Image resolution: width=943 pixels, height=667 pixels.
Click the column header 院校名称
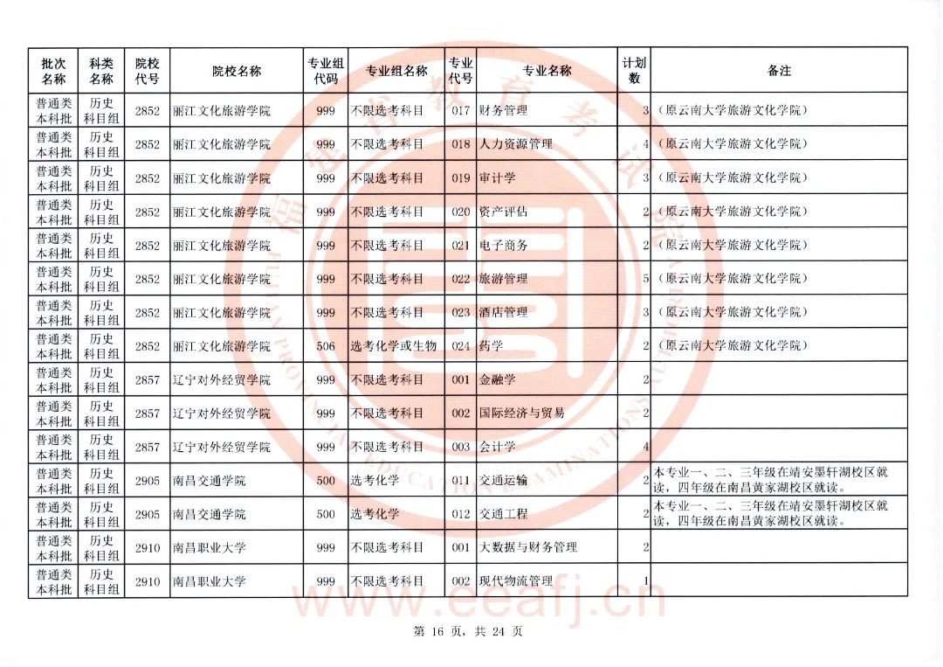click(x=237, y=71)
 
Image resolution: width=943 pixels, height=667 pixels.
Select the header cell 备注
click(x=779, y=71)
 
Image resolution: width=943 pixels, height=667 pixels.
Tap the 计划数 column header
click(x=635, y=71)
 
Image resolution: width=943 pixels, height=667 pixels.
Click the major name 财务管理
click(x=504, y=111)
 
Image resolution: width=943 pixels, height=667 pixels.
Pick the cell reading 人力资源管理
click(x=516, y=144)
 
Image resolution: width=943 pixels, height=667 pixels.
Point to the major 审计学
click(x=498, y=178)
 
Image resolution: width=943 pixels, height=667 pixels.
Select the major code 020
click(x=461, y=212)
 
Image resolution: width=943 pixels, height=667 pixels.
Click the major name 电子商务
click(x=504, y=246)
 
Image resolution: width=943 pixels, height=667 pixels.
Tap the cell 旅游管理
click(x=504, y=279)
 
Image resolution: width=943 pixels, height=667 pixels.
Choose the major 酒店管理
click(x=504, y=312)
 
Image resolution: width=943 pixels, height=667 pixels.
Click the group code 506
click(x=326, y=346)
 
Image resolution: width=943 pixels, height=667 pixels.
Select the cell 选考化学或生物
click(x=394, y=346)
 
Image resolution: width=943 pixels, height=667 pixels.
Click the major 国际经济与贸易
click(x=522, y=413)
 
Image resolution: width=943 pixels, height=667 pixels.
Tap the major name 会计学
click(x=498, y=447)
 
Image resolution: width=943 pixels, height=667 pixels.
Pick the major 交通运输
click(x=504, y=480)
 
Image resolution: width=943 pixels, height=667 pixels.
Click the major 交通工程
click(x=504, y=514)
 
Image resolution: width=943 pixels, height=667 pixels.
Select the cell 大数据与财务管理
click(x=528, y=547)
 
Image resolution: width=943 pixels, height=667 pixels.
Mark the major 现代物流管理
click(x=516, y=581)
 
